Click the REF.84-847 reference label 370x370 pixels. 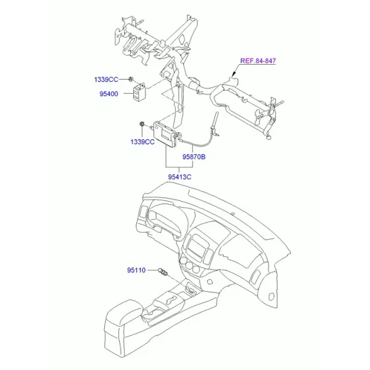point(258,60)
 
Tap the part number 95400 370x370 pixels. point(109,94)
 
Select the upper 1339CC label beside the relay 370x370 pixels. point(106,80)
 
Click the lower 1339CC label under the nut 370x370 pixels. point(142,142)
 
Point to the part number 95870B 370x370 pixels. point(194,157)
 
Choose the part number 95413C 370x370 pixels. point(179,177)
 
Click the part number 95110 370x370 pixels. point(136,270)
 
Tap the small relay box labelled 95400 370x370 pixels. point(139,92)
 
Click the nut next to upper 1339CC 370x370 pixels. point(131,80)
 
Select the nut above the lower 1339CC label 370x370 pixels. point(142,124)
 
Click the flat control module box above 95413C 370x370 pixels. point(165,134)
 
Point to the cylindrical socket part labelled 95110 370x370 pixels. point(163,271)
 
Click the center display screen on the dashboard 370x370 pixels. point(195,247)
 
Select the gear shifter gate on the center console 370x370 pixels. point(171,300)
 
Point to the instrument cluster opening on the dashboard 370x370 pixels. point(165,220)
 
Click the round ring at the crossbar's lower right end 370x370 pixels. point(268,137)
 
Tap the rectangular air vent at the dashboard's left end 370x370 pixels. point(143,212)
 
